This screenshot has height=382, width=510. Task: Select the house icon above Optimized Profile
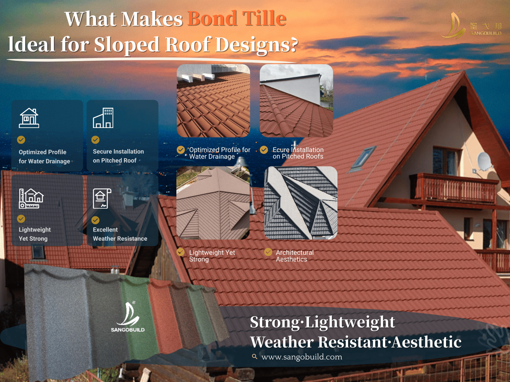point(29,118)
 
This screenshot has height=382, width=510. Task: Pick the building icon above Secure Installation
point(103,118)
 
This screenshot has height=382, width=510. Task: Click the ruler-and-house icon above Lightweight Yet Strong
point(31,198)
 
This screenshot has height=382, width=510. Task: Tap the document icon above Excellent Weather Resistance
point(102,198)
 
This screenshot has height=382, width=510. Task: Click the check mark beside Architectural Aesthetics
point(268,252)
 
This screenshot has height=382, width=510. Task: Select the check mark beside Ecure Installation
point(264,150)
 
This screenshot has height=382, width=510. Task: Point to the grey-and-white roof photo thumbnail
point(301,203)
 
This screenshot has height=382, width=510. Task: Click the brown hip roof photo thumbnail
point(213,203)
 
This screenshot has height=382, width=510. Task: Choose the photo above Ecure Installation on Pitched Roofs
point(297,100)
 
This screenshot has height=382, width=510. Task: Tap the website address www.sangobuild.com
point(301,357)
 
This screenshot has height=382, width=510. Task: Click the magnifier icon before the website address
point(254,356)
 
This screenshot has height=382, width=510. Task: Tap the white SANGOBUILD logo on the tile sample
point(128,317)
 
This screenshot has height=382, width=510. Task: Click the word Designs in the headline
point(257,45)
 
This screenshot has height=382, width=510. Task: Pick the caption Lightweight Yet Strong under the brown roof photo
point(212,256)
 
